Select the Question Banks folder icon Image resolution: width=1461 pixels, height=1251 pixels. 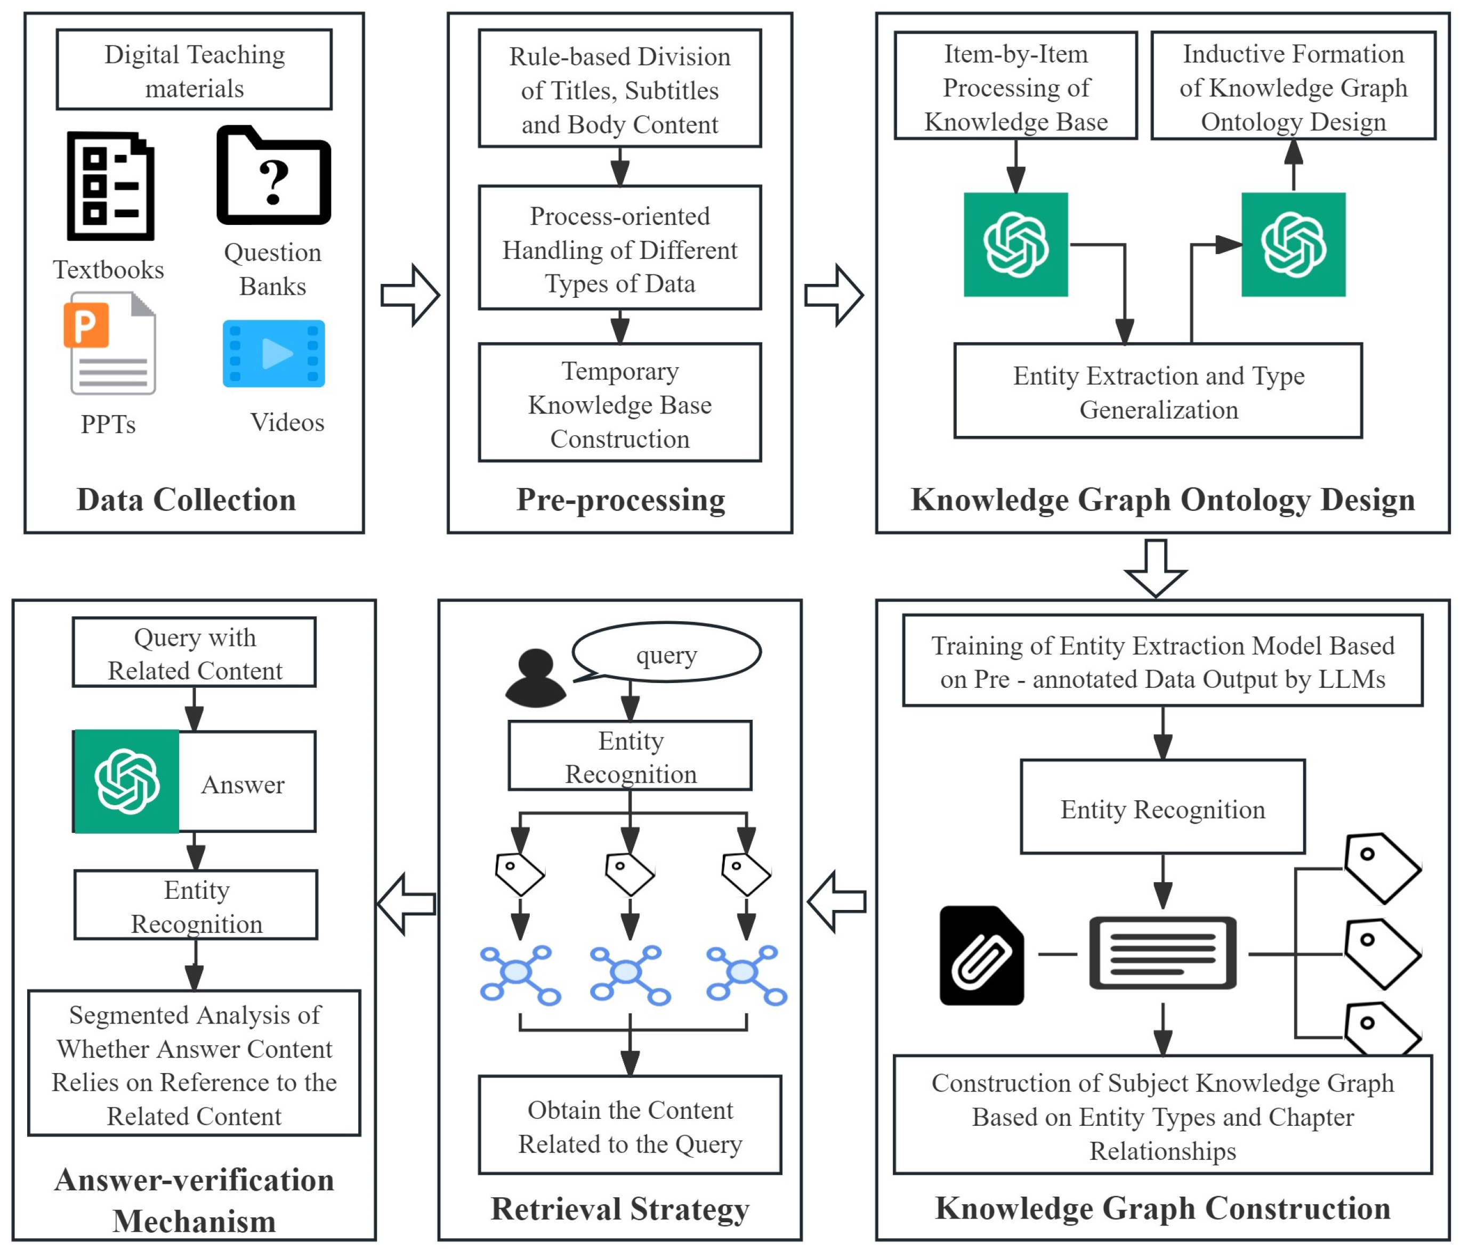273,176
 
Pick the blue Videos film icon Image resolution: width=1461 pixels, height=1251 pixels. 273,354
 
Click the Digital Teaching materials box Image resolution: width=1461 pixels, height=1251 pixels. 194,70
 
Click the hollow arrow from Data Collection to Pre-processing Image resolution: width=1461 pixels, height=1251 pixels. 410,295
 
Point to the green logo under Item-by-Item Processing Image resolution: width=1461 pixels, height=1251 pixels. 1015,245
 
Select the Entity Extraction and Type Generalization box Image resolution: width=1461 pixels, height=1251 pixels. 1158,391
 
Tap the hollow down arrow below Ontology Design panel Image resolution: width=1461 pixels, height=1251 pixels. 1156,567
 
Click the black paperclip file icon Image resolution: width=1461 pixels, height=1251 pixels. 981,955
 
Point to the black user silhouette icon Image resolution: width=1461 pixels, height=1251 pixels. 535,678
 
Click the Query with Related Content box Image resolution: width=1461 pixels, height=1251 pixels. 194,653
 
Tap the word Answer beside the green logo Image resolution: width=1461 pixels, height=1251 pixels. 243,784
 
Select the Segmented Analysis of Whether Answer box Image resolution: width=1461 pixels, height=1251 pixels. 194,1063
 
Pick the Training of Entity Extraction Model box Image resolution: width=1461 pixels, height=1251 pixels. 1162,661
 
